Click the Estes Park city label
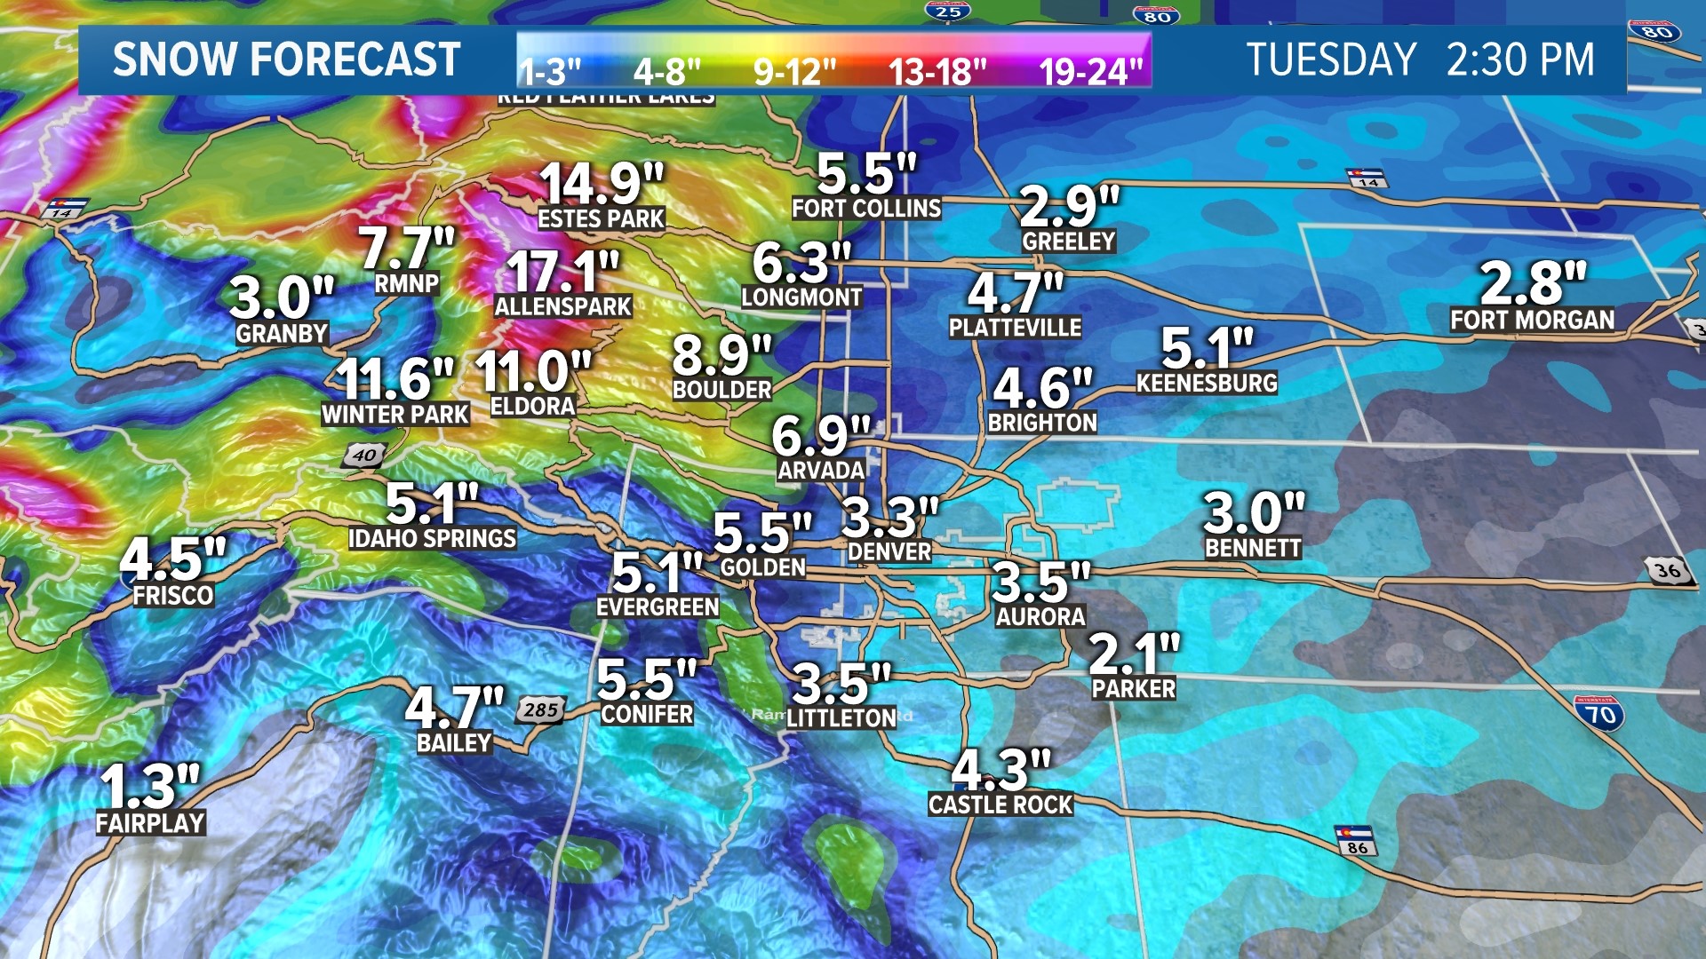click(x=601, y=218)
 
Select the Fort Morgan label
click(x=1532, y=320)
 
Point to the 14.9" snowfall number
click(x=601, y=184)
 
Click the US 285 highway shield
click(x=540, y=709)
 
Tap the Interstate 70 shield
click(x=1599, y=713)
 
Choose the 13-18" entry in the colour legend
click(x=937, y=71)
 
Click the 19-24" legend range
click(x=1090, y=71)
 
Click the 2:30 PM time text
click(x=1520, y=60)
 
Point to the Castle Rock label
click(x=1000, y=804)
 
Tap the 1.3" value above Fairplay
click(x=149, y=786)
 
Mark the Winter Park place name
click(x=395, y=414)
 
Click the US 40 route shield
click(x=364, y=456)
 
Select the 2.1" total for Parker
click(x=1134, y=654)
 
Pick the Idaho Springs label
click(x=432, y=538)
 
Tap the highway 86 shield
click(x=1356, y=841)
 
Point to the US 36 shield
click(x=1668, y=570)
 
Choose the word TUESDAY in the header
click(x=1330, y=60)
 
